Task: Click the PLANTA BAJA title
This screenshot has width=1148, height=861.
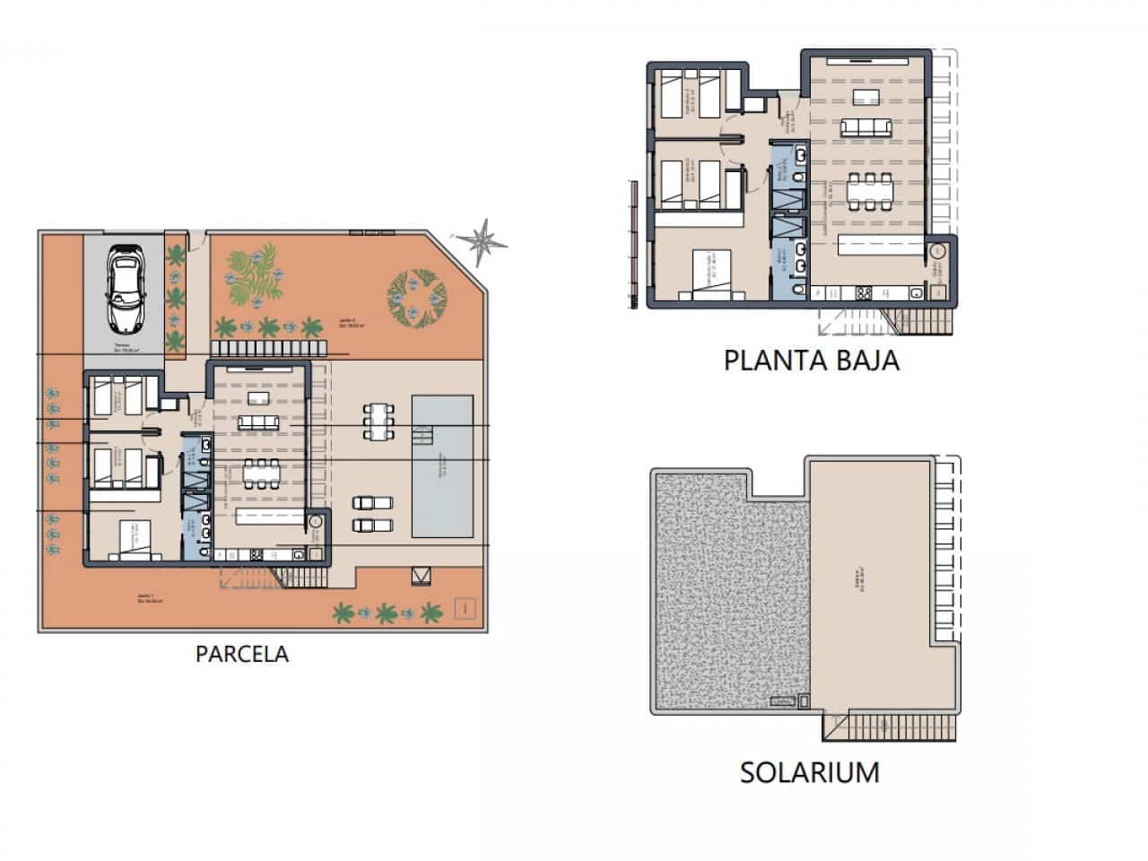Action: (811, 361)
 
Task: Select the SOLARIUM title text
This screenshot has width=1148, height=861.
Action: (809, 772)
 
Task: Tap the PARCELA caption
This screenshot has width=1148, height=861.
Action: (242, 654)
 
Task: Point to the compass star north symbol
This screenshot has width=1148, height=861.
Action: (482, 239)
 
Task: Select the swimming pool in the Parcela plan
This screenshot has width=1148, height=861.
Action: (442, 465)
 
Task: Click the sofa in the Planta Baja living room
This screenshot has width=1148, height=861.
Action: (866, 128)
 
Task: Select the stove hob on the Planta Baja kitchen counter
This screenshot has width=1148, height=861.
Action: (865, 292)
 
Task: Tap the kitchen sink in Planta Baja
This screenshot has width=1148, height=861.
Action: (915, 292)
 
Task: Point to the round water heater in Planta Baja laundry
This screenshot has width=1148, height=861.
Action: (939, 252)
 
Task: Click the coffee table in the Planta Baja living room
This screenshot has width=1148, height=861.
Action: (866, 97)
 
